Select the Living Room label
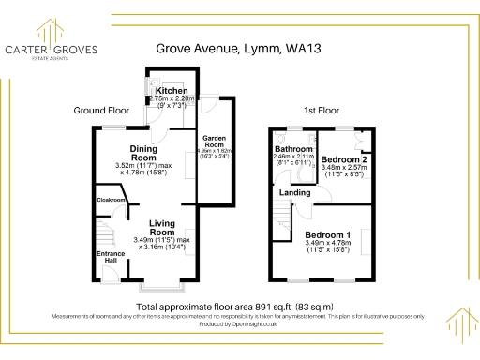click(x=163, y=225)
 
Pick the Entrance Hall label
click(x=110, y=255)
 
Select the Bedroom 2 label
click(x=342, y=160)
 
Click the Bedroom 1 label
click(x=328, y=234)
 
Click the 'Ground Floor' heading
click(x=101, y=111)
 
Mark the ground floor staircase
click(x=106, y=230)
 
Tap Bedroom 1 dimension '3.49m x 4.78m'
click(x=328, y=244)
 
